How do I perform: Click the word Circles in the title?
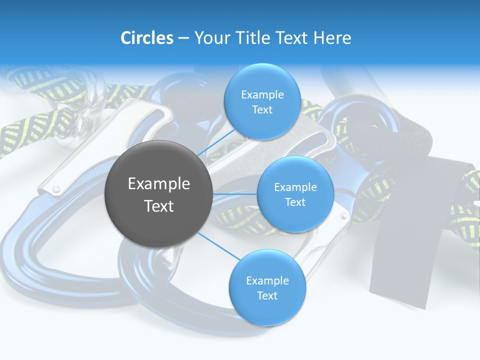point(147,38)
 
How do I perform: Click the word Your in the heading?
point(211,38)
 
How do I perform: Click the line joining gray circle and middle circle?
point(234,194)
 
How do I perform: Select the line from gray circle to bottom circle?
point(218,245)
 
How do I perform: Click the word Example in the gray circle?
point(158,184)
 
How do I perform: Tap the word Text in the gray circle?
point(158,206)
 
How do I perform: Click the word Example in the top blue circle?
point(262,95)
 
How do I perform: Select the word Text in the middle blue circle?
point(295,202)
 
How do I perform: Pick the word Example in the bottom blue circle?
point(267,280)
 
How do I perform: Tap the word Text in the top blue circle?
point(262,110)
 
